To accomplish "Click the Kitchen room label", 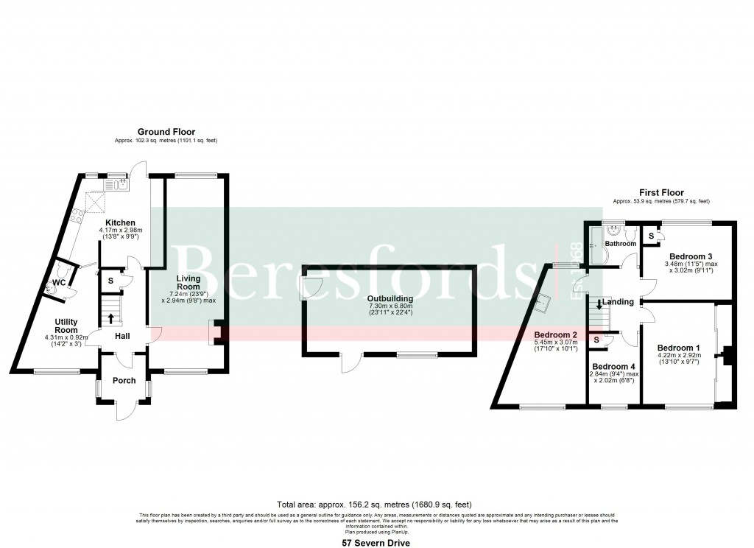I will [x=120, y=222].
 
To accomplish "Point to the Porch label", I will [x=124, y=381].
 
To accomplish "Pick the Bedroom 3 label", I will [x=690, y=256].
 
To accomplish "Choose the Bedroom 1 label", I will [x=679, y=348].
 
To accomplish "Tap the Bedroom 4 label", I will [x=613, y=367].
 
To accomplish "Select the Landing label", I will [x=618, y=302].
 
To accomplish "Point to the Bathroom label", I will [x=621, y=243].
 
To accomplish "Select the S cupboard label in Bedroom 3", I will [x=651, y=236].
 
